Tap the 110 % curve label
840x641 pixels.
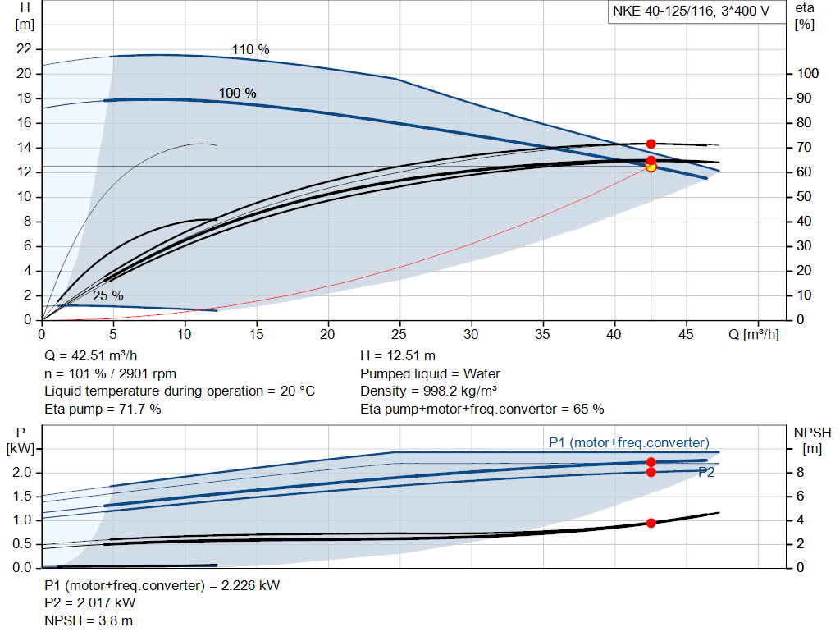click(250, 50)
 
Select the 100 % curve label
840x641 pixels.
click(237, 93)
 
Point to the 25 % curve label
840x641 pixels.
click(107, 295)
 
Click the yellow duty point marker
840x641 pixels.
click(651, 167)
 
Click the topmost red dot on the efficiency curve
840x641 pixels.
click(651, 144)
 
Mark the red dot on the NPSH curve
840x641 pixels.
click(651, 523)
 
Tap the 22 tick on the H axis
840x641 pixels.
click(24, 49)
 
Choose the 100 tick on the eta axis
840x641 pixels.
click(808, 74)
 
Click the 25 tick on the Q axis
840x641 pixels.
click(399, 334)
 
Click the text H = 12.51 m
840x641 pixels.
click(397, 356)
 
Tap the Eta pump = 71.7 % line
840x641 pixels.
click(103, 409)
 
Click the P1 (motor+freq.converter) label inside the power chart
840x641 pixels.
click(628, 443)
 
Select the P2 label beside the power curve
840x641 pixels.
click(706, 472)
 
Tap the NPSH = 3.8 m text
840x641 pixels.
click(89, 620)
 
